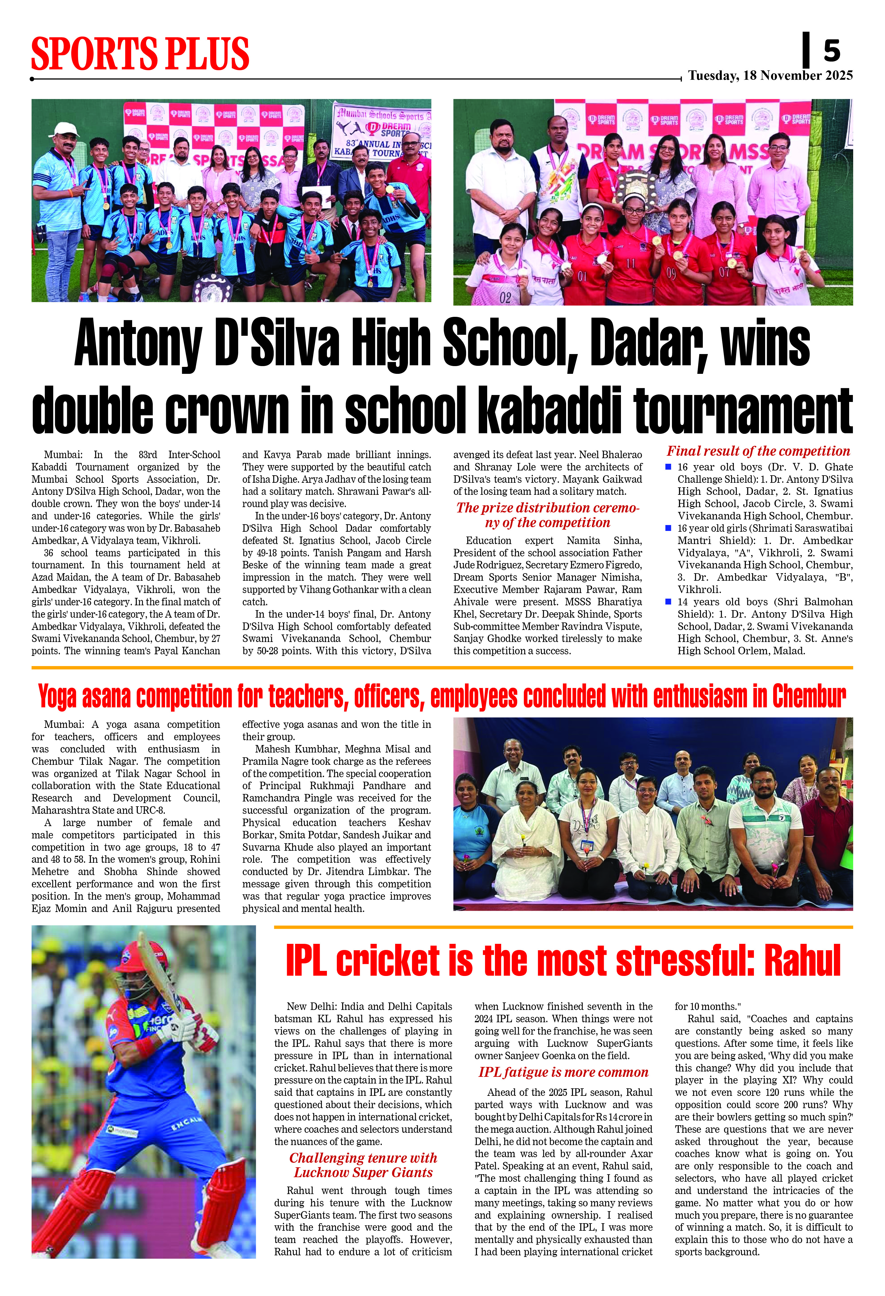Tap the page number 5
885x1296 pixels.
(x=831, y=51)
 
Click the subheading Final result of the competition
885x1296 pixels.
(x=758, y=451)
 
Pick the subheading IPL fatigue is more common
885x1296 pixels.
(x=563, y=1072)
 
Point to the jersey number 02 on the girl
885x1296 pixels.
(x=505, y=297)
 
